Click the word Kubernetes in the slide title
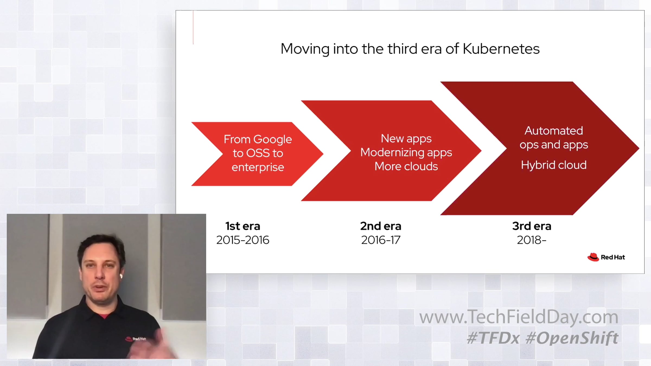coord(501,49)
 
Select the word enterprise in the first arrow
coord(258,167)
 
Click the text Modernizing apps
coord(406,153)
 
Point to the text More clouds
coord(406,166)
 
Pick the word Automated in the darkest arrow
coord(554,131)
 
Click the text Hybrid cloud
coord(554,165)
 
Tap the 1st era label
coord(243,226)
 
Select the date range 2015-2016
coord(243,240)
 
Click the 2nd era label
coord(381,226)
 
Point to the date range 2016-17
coord(381,240)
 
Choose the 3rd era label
coord(532,226)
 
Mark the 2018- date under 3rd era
coord(532,240)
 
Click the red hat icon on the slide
coord(593,257)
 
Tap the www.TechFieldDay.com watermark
coord(519,317)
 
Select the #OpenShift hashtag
coord(572,338)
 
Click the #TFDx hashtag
coord(493,338)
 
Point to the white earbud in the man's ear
coord(121,276)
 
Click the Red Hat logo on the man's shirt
coord(136,339)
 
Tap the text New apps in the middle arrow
coord(406,139)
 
